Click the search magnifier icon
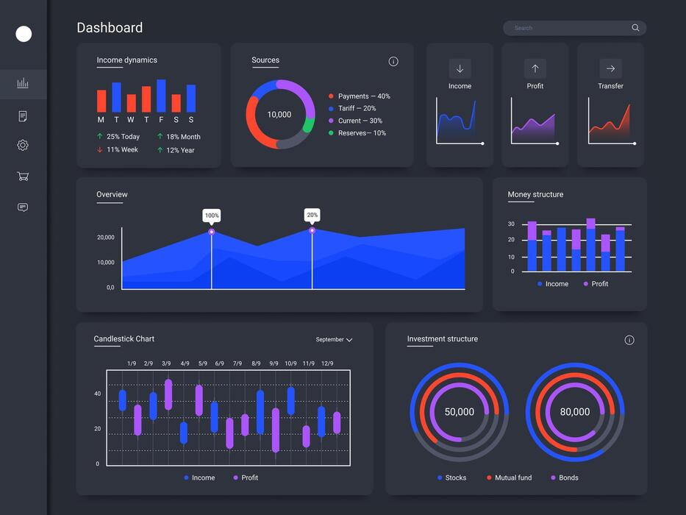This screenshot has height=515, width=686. tap(635, 28)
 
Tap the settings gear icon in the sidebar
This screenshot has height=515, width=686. tap(23, 146)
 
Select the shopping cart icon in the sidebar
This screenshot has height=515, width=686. tap(23, 177)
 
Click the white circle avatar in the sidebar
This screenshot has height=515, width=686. tap(24, 34)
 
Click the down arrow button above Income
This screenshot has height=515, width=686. tap(460, 68)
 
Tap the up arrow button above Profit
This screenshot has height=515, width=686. tap(535, 68)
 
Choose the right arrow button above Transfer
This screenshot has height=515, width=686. tap(610, 68)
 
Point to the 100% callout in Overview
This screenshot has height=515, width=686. tap(212, 216)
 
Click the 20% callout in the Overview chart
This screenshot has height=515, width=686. tap(312, 215)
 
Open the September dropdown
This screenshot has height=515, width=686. tap(335, 340)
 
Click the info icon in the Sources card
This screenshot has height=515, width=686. tap(393, 62)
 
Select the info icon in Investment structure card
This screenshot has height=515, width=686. tap(629, 340)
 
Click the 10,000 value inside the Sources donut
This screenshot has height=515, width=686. tap(279, 115)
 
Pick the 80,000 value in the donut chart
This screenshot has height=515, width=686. tap(575, 412)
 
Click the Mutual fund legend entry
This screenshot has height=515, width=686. tap(509, 477)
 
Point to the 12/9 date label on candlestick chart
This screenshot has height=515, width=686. tap(327, 363)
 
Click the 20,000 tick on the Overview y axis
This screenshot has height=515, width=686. tap(106, 238)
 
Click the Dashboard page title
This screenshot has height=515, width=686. tap(110, 28)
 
